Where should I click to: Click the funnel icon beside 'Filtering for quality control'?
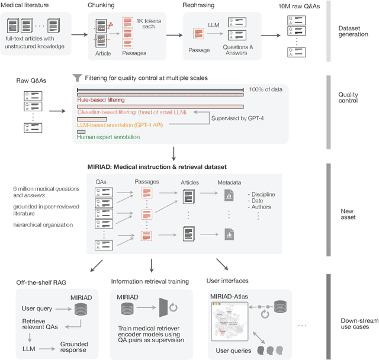click(x=76, y=78)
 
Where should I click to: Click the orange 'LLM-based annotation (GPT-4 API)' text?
click(x=121, y=125)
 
